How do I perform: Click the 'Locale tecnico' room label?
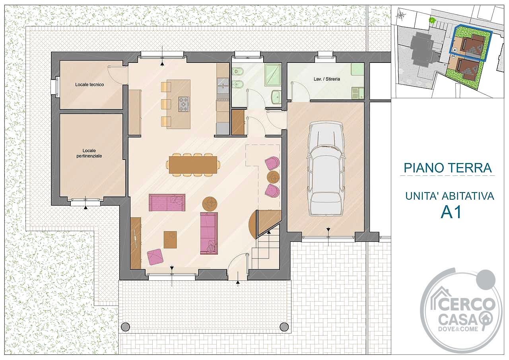tap(89, 85)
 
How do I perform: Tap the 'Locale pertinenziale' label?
tap(89, 154)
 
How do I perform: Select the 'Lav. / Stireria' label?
tap(327, 79)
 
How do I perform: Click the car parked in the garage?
tap(325, 169)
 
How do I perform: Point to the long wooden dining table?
tap(193, 165)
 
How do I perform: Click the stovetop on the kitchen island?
tap(184, 104)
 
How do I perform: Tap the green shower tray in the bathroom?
tap(273, 74)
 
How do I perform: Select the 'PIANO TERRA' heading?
tap(448, 168)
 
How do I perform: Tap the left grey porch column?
tap(125, 327)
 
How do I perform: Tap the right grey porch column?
tap(284, 327)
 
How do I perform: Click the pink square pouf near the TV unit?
tap(155, 257)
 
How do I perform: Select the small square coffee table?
tap(170, 239)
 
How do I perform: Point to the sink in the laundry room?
tap(357, 93)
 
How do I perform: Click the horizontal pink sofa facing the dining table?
tap(167, 202)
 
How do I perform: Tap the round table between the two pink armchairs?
tap(273, 177)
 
